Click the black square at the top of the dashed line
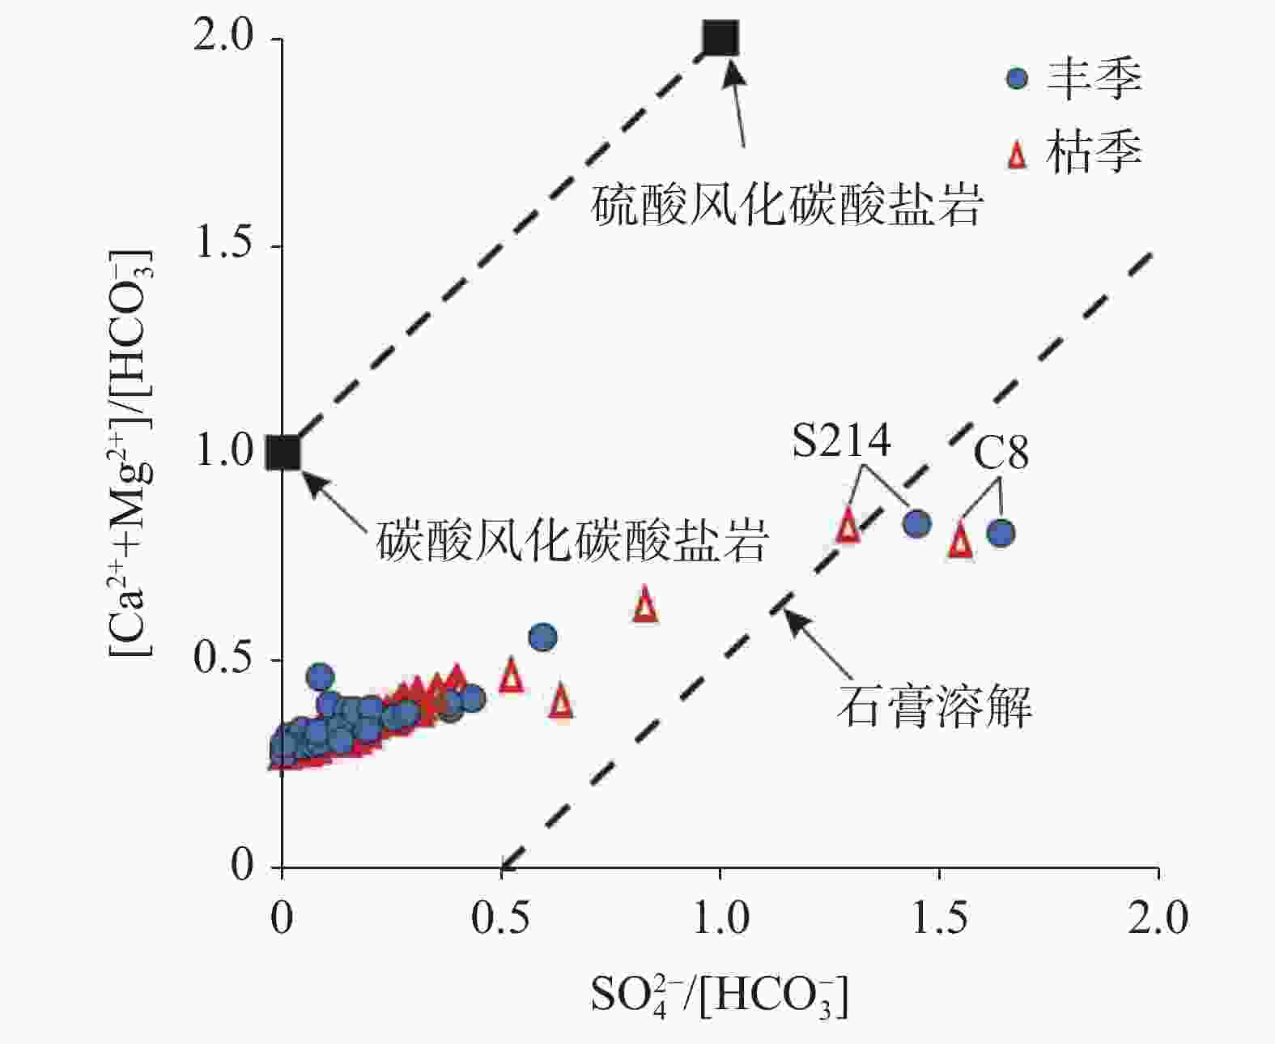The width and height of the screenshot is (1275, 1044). [x=720, y=37]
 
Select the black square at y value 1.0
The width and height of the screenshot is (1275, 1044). [x=283, y=453]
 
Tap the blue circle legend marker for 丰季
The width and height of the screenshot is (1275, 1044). [x=1017, y=79]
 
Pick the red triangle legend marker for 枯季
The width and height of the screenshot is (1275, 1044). [x=1017, y=154]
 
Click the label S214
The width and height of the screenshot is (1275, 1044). [x=841, y=441]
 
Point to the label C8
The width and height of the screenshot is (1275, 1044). [x=1001, y=453]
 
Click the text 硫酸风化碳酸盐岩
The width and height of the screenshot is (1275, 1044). [x=786, y=206]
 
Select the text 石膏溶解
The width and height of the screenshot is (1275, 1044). [x=934, y=706]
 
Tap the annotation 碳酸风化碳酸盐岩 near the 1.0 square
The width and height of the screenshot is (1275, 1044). [x=572, y=541]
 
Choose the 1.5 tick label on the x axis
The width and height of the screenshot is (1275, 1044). [x=939, y=918]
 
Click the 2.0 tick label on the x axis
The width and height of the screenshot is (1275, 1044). [x=1158, y=918]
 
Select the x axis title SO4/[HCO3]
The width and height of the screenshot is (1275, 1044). [x=720, y=997]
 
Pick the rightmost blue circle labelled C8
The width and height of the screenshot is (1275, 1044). [x=1001, y=533]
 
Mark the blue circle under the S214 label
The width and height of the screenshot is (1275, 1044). [x=916, y=523]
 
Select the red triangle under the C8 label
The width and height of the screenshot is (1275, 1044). [x=960, y=541]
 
